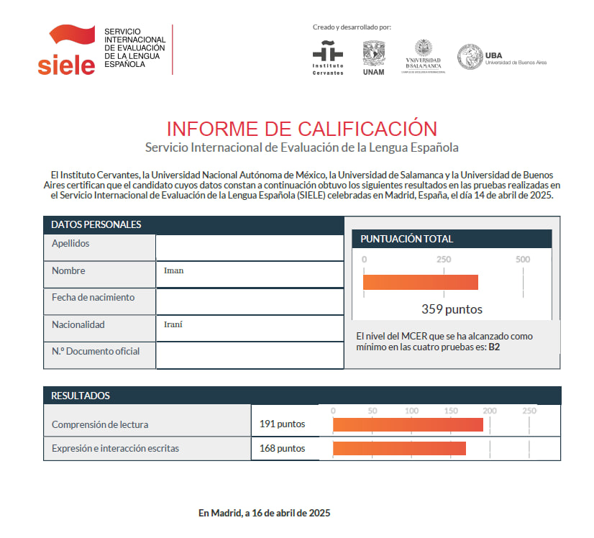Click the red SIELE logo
point(66,50)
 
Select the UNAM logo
point(373,57)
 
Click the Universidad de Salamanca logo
point(424,56)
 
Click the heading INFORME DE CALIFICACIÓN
point(301,129)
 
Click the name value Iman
point(174,271)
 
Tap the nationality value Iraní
point(173,324)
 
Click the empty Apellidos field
point(249,246)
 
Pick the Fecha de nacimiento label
point(93,297)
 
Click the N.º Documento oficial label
point(96,351)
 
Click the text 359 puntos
point(452,310)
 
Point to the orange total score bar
point(420,282)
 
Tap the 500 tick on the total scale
point(523,260)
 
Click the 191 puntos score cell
point(282,424)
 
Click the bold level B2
point(495,347)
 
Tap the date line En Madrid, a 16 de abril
point(264,513)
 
